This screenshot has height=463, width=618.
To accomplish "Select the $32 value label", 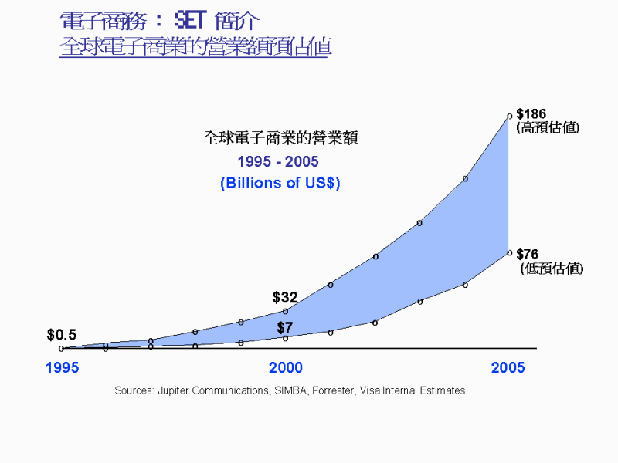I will [285, 297].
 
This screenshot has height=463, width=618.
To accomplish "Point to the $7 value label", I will [285, 327].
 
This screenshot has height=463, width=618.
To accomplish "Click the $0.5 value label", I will [62, 335].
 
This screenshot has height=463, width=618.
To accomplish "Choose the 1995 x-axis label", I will [62, 367].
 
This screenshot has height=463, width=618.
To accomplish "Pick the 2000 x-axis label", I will [286, 367].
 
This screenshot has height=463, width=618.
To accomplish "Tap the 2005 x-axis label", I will [508, 367].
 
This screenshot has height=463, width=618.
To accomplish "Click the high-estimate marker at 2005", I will [509, 116].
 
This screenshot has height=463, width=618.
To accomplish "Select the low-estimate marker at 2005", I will [509, 252].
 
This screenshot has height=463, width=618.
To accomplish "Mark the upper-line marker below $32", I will [286, 311].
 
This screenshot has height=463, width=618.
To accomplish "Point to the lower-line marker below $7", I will [286, 338].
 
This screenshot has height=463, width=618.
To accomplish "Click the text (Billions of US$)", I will [280, 184].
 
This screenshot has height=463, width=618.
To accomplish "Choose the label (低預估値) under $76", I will [552, 269].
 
